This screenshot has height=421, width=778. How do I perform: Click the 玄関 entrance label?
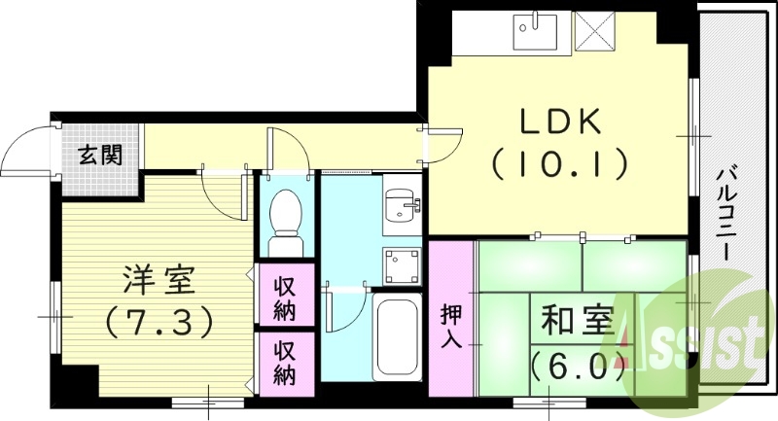100,154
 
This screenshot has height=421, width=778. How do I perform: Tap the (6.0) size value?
577,367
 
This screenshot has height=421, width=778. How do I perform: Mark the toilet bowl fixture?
285,212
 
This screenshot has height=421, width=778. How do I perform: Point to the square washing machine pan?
400,264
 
